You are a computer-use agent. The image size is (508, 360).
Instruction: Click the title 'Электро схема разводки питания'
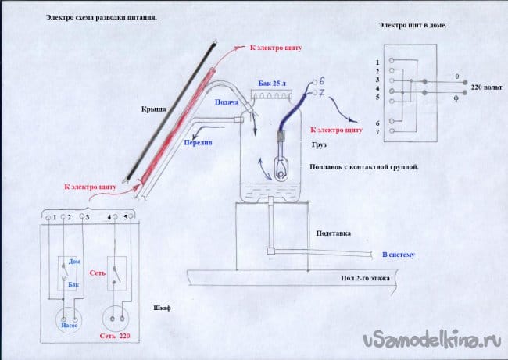tap(101, 16)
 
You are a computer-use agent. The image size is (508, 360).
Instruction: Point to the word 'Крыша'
tap(154, 110)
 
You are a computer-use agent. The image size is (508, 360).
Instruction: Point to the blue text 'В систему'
tap(398, 255)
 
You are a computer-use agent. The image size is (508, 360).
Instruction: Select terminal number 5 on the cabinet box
tap(125, 216)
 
